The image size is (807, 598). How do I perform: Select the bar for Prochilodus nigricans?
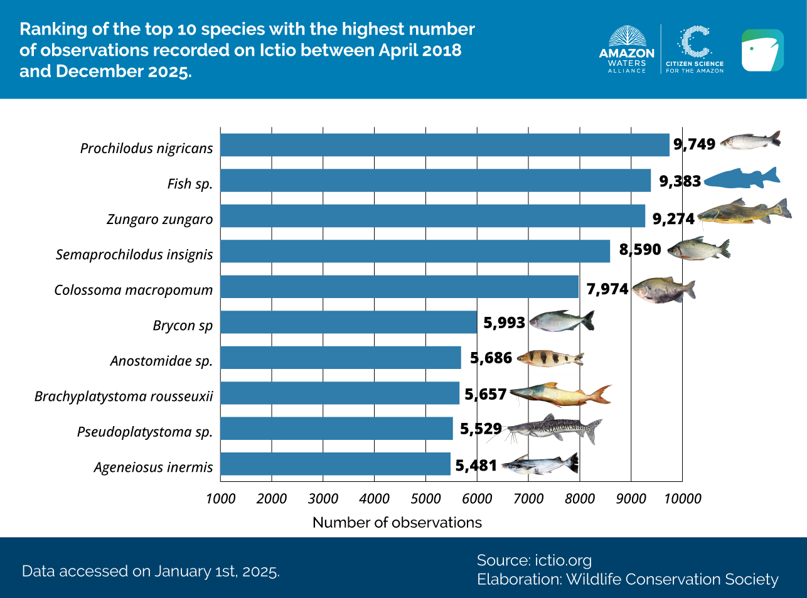click(x=444, y=145)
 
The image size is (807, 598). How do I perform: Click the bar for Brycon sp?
click(x=348, y=323)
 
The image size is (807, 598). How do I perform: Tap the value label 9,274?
click(x=673, y=219)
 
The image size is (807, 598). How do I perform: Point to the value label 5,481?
click(x=476, y=466)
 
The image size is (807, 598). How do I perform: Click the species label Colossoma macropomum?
click(x=134, y=291)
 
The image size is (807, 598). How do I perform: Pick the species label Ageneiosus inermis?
click(x=153, y=467)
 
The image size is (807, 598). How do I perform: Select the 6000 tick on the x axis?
click(x=477, y=499)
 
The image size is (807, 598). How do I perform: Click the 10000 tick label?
click(x=682, y=499)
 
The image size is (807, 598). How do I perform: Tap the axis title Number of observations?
click(x=397, y=523)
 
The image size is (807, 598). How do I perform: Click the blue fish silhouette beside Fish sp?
click(x=742, y=178)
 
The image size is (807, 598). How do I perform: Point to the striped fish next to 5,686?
click(x=550, y=359)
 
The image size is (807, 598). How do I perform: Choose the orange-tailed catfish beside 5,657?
click(x=560, y=395)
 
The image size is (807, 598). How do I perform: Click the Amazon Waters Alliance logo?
click(x=626, y=50)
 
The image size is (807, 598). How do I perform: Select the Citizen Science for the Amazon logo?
click(x=694, y=50)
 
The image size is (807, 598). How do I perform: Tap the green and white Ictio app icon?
click(x=762, y=50)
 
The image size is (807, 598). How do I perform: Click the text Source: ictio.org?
click(x=534, y=560)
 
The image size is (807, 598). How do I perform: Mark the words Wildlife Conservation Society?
click(x=672, y=579)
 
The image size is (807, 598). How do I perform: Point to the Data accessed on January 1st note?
click(x=151, y=572)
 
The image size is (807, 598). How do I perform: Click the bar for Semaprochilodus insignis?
click(x=415, y=252)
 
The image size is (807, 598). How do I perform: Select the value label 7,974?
click(x=607, y=289)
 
